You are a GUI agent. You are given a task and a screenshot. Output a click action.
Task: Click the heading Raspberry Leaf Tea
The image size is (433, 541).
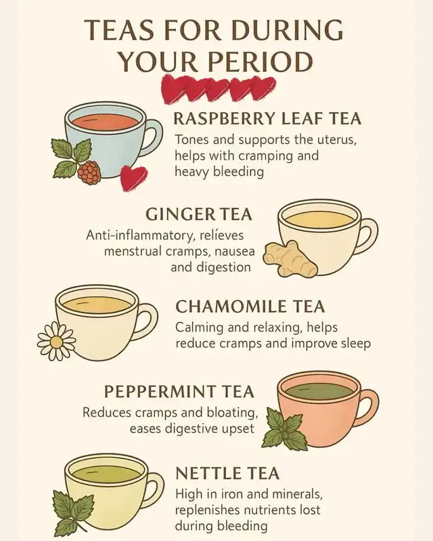tap(267, 119)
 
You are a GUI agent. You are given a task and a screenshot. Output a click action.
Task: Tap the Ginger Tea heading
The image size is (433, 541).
tap(199, 214)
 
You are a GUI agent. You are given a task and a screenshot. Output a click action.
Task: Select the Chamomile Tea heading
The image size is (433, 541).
tap(250, 306)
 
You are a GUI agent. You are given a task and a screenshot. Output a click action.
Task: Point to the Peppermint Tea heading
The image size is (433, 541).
tap(179, 392)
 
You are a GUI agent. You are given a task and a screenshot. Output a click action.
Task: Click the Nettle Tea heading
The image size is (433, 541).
tap(227, 473)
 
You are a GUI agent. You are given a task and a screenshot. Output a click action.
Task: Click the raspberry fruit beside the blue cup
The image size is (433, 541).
tap(89, 172)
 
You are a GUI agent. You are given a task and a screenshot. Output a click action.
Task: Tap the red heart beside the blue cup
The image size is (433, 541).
tap(133, 177)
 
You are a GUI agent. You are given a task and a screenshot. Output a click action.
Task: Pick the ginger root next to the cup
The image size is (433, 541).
tap(290, 259)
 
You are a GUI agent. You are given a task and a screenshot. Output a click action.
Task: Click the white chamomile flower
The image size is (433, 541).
tap(56, 342)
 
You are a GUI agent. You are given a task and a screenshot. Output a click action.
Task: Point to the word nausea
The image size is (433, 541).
tap(235, 251)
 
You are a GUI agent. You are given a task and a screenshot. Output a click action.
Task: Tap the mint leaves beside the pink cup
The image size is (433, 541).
tap(285, 429)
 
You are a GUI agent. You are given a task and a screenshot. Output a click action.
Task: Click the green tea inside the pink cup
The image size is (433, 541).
tap(319, 391)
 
